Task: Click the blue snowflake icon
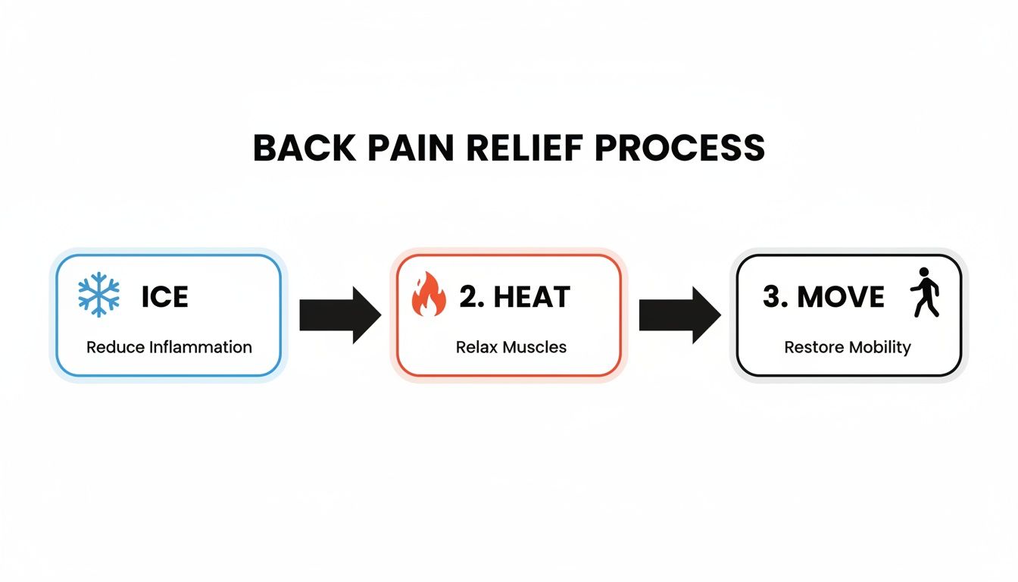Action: tap(98, 296)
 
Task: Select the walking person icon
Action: tap(925, 292)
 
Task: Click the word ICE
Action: tap(165, 297)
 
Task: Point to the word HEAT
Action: tap(532, 297)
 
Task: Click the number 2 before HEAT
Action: tap(470, 297)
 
